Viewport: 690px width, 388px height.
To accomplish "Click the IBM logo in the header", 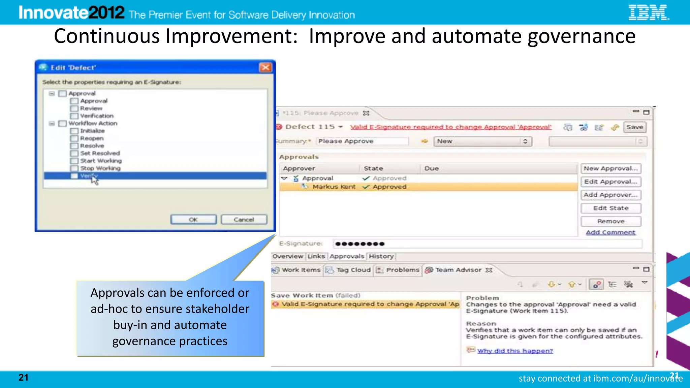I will tap(648, 13).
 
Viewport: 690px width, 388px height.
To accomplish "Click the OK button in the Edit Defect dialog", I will tap(193, 220).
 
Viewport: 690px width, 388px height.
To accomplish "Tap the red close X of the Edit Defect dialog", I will tap(265, 67).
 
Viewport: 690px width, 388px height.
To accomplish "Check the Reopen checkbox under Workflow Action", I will tap(74, 138).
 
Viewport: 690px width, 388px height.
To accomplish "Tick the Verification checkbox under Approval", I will tap(74, 116).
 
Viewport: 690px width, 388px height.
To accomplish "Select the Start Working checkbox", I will tap(74, 161).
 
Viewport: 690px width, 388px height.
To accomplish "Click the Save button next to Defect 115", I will tap(635, 127).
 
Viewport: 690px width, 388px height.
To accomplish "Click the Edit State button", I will tap(610, 208).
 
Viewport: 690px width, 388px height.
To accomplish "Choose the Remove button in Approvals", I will tap(610, 221).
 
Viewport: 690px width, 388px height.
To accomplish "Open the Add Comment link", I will tap(610, 232).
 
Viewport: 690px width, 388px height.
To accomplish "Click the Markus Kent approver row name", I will tap(334, 187).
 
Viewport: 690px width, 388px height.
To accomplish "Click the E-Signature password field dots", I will tap(360, 244).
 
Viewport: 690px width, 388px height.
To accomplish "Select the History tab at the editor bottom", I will tap(381, 256).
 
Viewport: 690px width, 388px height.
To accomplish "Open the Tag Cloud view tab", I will tap(353, 270).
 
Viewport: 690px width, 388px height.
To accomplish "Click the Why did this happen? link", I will tap(515, 351).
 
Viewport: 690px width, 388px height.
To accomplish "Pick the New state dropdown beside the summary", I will tap(482, 141).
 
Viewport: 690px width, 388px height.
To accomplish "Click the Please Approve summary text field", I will tap(362, 141).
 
